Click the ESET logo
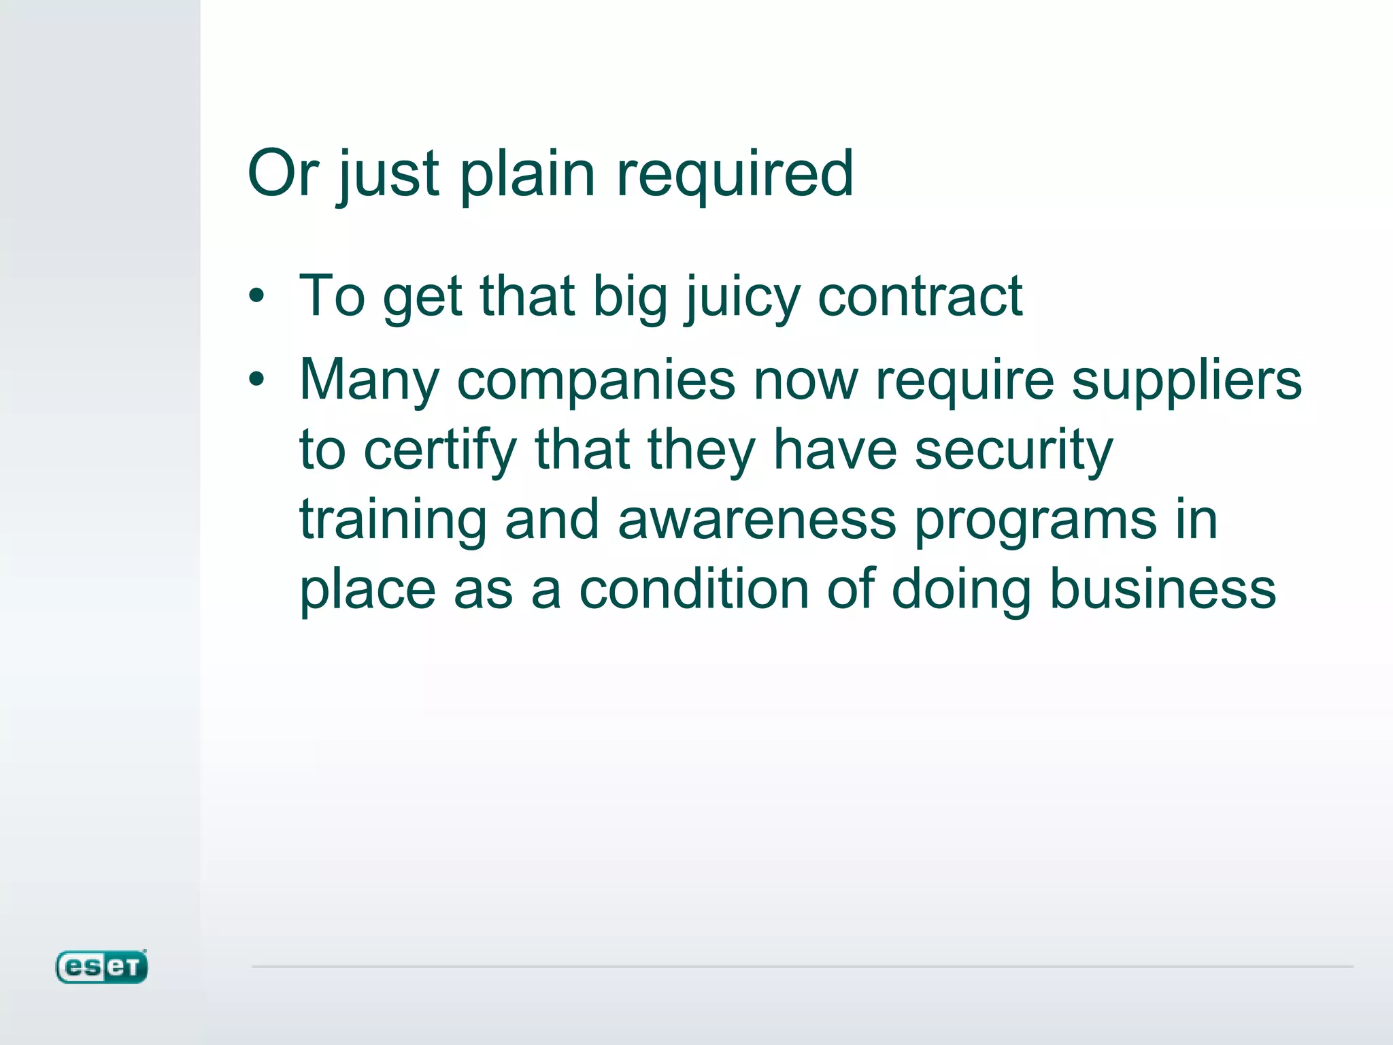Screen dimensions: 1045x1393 [x=101, y=967]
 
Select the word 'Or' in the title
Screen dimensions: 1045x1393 [x=282, y=173]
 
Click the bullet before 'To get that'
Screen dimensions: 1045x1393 [x=256, y=296]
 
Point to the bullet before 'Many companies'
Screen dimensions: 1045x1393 [x=256, y=379]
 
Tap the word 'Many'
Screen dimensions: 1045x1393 [x=369, y=380]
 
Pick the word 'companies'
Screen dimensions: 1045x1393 [x=596, y=380]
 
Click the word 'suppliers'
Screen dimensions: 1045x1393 [x=1186, y=380]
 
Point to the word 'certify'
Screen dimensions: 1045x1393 [x=440, y=450]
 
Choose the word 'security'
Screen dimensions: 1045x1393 [x=1013, y=450]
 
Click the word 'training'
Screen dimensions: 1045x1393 [x=393, y=520]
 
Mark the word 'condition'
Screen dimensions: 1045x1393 [x=694, y=589]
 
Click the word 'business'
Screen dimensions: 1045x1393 [x=1162, y=589]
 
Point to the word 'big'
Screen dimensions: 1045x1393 [x=630, y=297]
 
